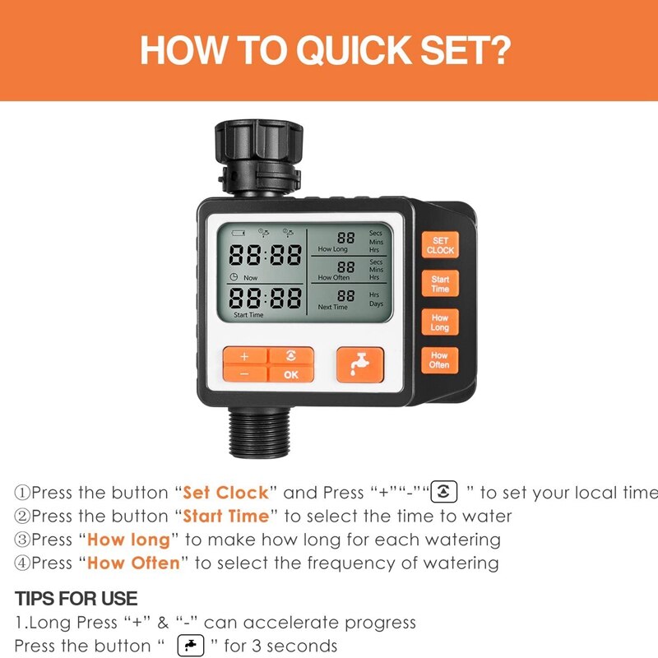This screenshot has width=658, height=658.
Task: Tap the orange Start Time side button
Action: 440,284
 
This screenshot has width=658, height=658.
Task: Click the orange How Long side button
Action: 439,322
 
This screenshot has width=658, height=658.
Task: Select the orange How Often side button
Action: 439,360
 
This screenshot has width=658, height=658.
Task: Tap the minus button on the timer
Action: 244,374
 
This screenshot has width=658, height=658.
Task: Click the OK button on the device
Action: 291,374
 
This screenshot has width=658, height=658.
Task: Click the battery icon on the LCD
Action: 238,233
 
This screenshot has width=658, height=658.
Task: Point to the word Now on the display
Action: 251,278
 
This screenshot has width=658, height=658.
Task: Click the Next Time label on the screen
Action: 333,307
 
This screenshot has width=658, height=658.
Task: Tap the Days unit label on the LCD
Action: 377,304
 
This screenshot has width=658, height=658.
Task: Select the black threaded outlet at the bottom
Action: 259,432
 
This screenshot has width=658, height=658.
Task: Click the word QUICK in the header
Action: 355,50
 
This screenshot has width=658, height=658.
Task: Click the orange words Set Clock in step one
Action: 225,493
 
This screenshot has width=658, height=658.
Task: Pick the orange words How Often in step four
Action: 133,563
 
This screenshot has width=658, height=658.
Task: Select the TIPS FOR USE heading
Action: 76,599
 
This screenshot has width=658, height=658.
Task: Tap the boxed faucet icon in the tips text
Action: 191,646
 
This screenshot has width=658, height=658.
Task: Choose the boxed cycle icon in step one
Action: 444,491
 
